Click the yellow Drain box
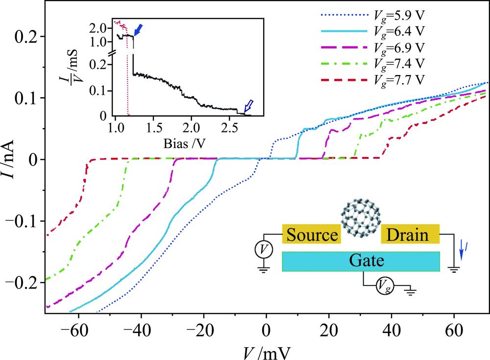(x=410, y=235)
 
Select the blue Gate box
(x=360, y=261)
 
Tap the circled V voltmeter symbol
(x=264, y=250)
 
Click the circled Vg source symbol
(x=384, y=286)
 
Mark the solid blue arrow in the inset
(x=139, y=30)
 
